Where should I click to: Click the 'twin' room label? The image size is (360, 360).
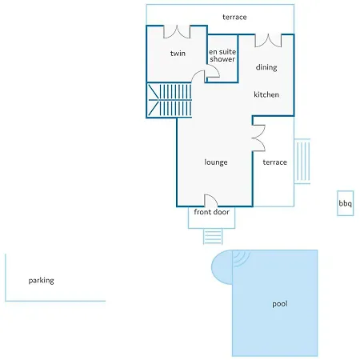[178, 54]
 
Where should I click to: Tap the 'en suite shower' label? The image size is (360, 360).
[222, 55]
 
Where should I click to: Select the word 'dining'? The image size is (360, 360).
[266, 67]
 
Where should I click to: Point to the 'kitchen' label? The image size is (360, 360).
[266, 94]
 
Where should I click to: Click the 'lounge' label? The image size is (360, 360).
[216, 162]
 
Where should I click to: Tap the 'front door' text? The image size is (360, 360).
[211, 212]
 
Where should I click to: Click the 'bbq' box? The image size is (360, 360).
[346, 203]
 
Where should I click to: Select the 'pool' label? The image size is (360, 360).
[280, 304]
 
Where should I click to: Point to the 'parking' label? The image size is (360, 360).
[42, 281]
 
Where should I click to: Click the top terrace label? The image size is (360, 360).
[234, 18]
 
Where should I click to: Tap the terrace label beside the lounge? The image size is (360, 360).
[275, 162]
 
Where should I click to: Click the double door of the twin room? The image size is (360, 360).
[177, 32]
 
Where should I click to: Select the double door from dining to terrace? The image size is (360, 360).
[268, 41]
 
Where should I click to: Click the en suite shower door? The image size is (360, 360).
[212, 74]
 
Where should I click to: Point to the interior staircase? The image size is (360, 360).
[169, 100]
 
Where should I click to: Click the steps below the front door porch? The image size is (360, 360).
[213, 236]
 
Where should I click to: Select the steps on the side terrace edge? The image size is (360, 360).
[302, 161]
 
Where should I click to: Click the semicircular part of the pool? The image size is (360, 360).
[222, 266]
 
